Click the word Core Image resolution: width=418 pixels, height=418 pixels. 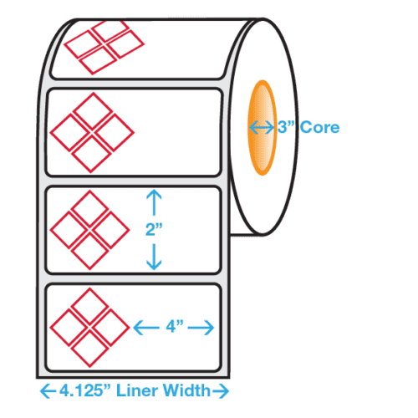click(319, 128)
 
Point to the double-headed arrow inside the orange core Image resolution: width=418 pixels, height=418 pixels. click(263, 128)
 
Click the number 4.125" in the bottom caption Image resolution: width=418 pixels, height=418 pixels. click(84, 390)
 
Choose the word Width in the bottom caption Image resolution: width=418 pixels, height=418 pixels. click(189, 390)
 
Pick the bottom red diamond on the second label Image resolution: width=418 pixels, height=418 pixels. click(89, 152)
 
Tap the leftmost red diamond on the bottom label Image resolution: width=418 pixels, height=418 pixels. click(70, 328)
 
